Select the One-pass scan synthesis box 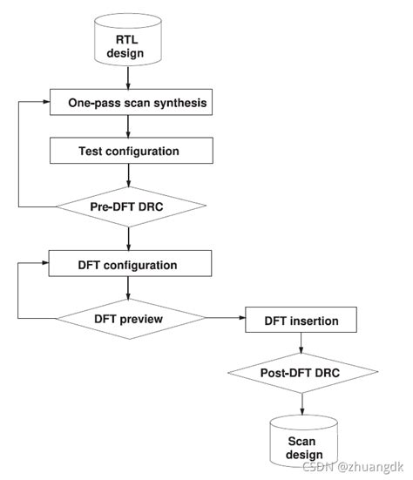(129, 103)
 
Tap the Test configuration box (129, 151)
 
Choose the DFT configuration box (129, 264)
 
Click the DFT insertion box (301, 321)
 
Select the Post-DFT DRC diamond (301, 374)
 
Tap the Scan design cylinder (301, 447)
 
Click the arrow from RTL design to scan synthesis (129, 81)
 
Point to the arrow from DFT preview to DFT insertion (223, 320)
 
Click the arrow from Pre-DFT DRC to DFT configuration (129, 238)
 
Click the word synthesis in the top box (177, 103)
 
